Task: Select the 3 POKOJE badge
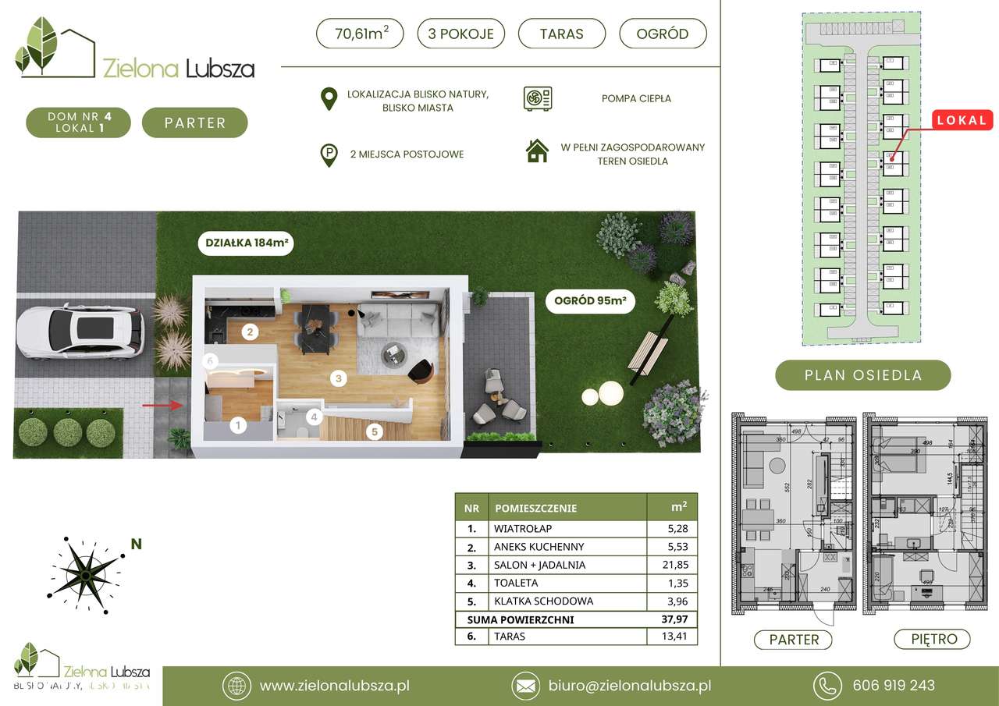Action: click(x=460, y=34)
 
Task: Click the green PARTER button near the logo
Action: click(x=194, y=122)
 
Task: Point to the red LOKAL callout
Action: click(x=961, y=120)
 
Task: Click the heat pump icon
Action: click(x=538, y=98)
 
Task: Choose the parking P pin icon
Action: click(x=330, y=154)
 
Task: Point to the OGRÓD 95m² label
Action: click(x=590, y=301)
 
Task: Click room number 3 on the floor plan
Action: click(x=338, y=379)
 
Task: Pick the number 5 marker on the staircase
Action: click(x=375, y=430)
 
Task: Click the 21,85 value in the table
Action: click(x=672, y=565)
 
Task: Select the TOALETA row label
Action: click(x=516, y=583)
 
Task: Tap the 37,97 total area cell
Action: click(x=672, y=619)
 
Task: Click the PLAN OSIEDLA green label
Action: click(x=862, y=375)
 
